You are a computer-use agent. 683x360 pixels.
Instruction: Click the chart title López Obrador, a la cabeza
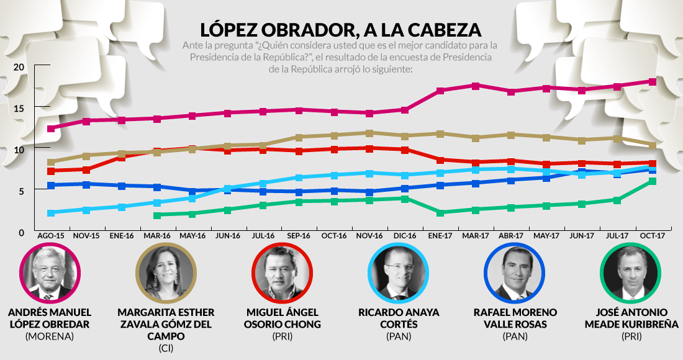(341, 30)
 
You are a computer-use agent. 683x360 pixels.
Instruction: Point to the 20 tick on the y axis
(19, 67)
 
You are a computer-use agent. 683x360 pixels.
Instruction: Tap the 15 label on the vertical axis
(19, 109)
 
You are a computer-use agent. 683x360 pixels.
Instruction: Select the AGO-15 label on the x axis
(50, 236)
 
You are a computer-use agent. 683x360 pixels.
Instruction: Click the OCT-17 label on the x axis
(652, 236)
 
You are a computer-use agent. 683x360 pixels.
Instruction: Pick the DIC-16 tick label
(404, 236)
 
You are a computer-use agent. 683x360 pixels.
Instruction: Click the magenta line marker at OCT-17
(653, 81)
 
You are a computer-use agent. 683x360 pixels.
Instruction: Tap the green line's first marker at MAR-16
(157, 215)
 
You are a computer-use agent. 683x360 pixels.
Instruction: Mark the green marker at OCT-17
(653, 181)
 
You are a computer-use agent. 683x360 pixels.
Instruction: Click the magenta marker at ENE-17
(440, 91)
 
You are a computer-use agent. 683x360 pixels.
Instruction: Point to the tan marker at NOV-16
(369, 133)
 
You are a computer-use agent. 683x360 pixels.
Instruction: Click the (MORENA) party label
(50, 336)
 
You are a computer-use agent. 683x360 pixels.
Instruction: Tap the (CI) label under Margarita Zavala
(165, 348)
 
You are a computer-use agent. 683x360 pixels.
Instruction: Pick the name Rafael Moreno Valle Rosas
(515, 318)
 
